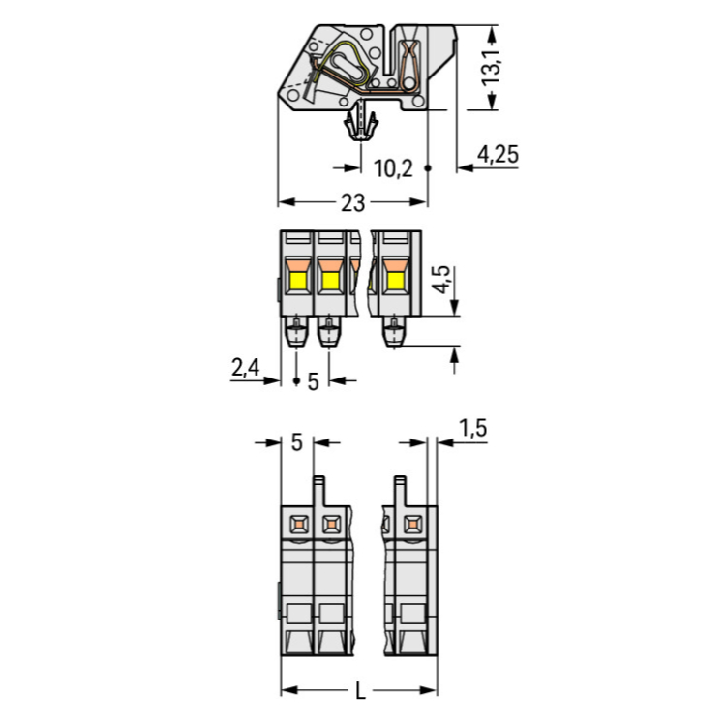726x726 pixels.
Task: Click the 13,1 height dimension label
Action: click(492, 67)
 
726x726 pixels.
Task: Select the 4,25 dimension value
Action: click(498, 154)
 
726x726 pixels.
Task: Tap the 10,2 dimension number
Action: click(393, 168)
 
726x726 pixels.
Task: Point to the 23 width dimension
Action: click(352, 203)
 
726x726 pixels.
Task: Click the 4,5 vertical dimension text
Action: click(441, 279)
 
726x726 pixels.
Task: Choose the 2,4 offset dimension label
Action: click(246, 368)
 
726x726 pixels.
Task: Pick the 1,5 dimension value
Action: click(472, 428)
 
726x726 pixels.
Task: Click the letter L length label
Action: click(360, 692)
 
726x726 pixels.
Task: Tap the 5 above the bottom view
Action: click(297, 442)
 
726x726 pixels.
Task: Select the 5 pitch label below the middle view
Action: click(313, 382)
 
